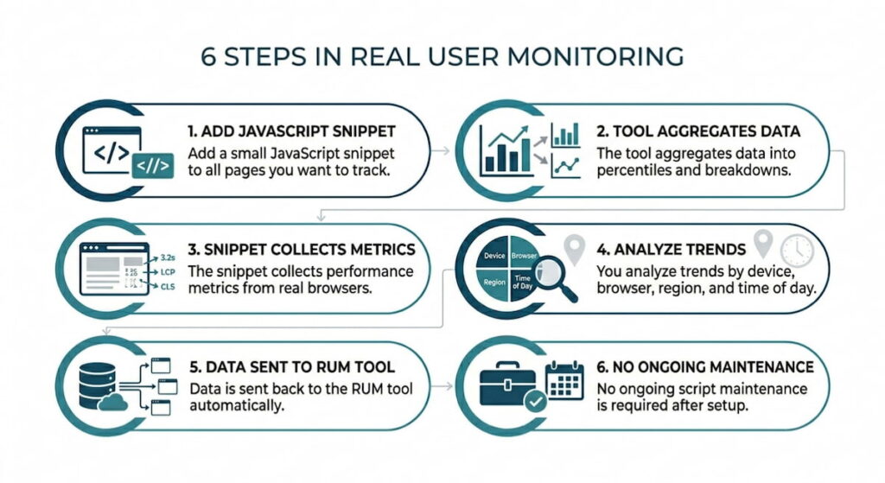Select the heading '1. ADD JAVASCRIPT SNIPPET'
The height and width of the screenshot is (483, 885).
click(291, 131)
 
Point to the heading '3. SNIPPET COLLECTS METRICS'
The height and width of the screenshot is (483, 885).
click(302, 250)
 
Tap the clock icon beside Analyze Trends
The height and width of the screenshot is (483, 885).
click(796, 251)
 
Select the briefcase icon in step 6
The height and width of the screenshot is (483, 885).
click(510, 384)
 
